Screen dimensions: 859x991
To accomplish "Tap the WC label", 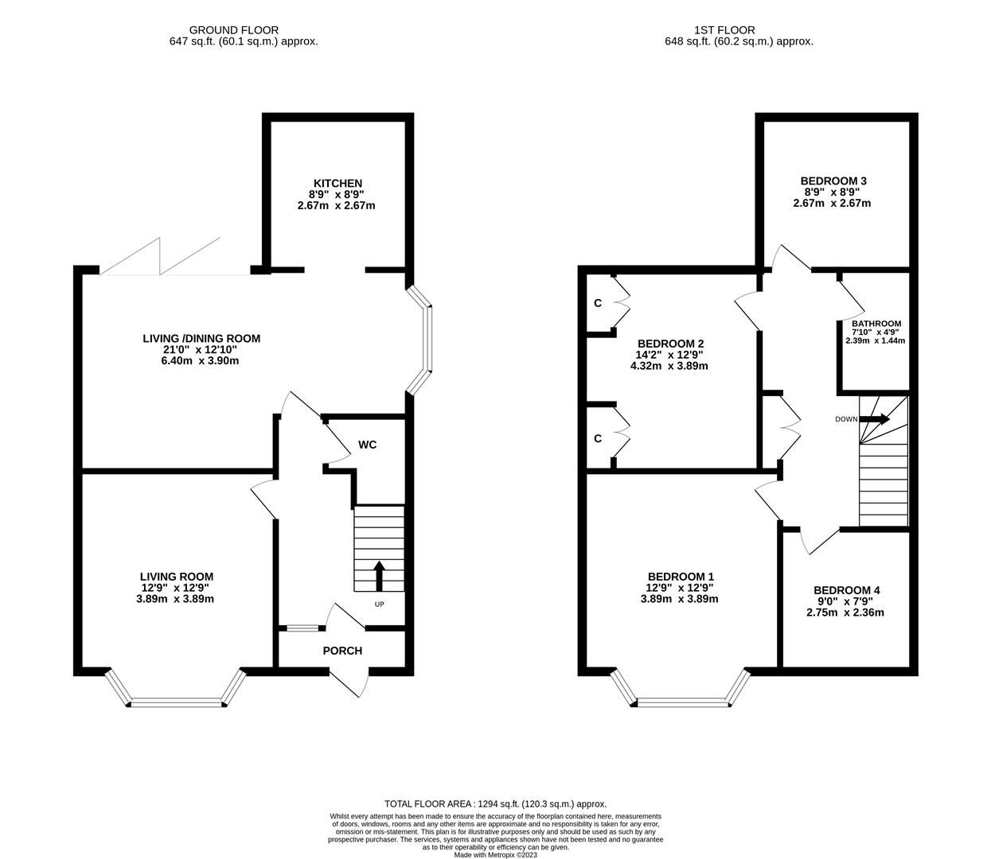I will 367,445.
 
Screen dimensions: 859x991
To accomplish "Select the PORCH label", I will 342,651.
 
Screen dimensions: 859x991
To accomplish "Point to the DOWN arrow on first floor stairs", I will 875,419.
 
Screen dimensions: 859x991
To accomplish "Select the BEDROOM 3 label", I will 833,181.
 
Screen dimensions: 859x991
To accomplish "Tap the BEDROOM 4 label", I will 846,590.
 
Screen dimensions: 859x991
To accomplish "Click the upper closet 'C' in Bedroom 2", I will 598,303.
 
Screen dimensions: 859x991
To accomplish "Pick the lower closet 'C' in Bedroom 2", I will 598,438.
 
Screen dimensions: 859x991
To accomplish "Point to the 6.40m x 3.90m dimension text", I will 201,360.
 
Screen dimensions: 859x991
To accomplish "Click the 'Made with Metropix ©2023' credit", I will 495,855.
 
